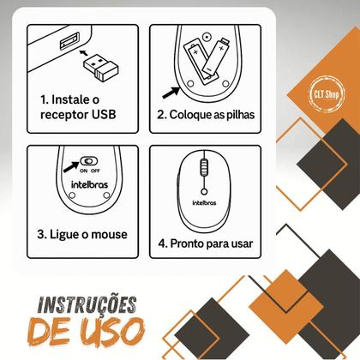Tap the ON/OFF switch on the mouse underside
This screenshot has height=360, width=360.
click(89, 159)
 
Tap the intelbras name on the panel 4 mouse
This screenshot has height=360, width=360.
click(203, 203)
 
